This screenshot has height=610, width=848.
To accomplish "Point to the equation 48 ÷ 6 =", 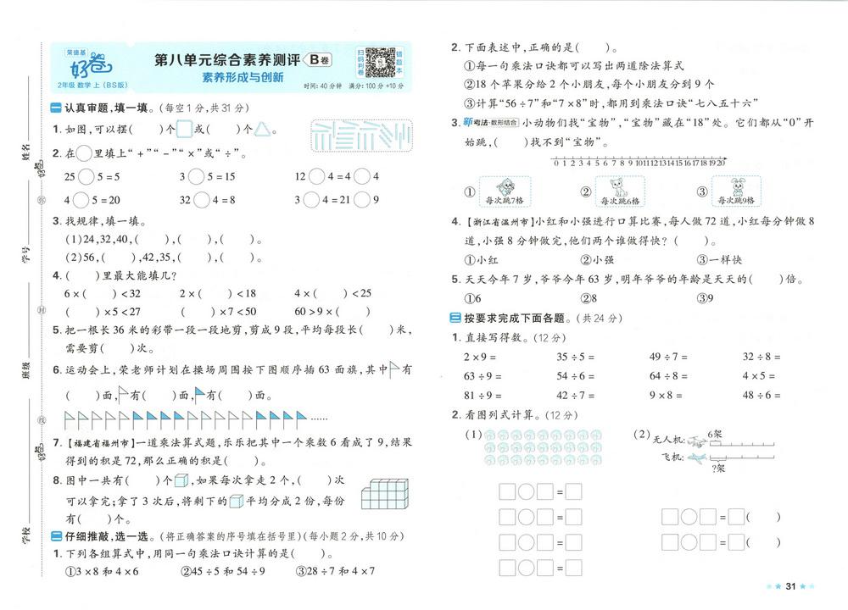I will click(x=761, y=395).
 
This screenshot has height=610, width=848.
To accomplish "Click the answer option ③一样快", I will click(x=719, y=260).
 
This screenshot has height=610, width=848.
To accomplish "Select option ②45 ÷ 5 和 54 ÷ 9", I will click(x=222, y=570).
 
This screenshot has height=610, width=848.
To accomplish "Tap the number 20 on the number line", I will click(x=721, y=164).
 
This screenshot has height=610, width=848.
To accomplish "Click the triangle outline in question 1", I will click(x=265, y=130).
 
